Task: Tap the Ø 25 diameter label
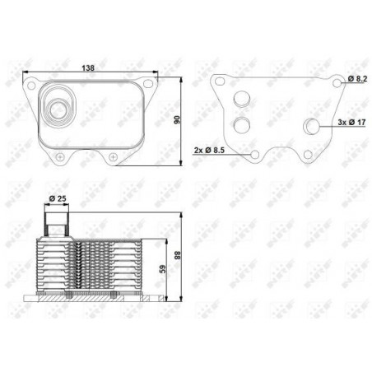point(57,198)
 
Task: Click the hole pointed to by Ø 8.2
point(339,83)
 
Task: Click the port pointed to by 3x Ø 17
point(313,126)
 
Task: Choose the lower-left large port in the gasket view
point(241,125)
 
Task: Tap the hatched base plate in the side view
point(91,298)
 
